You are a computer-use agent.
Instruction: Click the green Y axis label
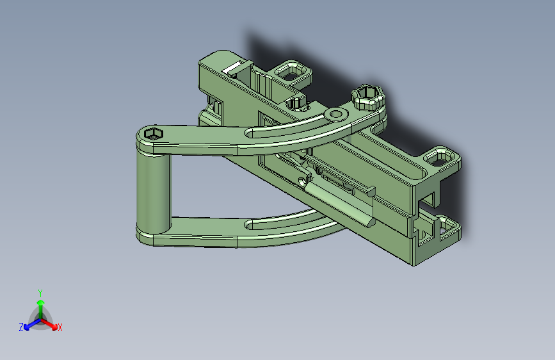pyautogui.click(x=40, y=293)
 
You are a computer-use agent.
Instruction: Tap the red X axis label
pyautogui.click(x=60, y=327)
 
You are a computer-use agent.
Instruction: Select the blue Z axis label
pyautogui.click(x=21, y=327)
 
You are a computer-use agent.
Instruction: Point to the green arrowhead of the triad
pyautogui.click(x=41, y=302)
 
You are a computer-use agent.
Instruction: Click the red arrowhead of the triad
pyautogui.click(x=54, y=326)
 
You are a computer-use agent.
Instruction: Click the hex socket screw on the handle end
pyautogui.click(x=153, y=134)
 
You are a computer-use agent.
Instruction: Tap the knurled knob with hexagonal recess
pyautogui.click(x=367, y=97)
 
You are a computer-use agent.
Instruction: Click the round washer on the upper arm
pyautogui.click(x=336, y=114)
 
